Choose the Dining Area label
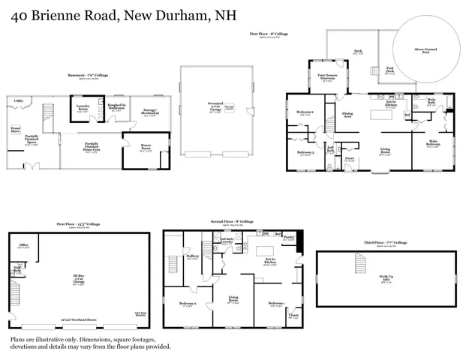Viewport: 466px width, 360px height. [347, 115]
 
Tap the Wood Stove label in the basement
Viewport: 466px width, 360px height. [15, 129]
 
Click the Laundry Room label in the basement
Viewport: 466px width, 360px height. [83, 107]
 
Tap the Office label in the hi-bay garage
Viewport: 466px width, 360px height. [23, 245]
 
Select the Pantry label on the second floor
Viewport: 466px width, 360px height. [288, 236]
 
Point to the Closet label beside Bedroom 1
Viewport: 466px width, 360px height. [293, 316]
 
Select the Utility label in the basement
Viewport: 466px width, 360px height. [17, 100]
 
